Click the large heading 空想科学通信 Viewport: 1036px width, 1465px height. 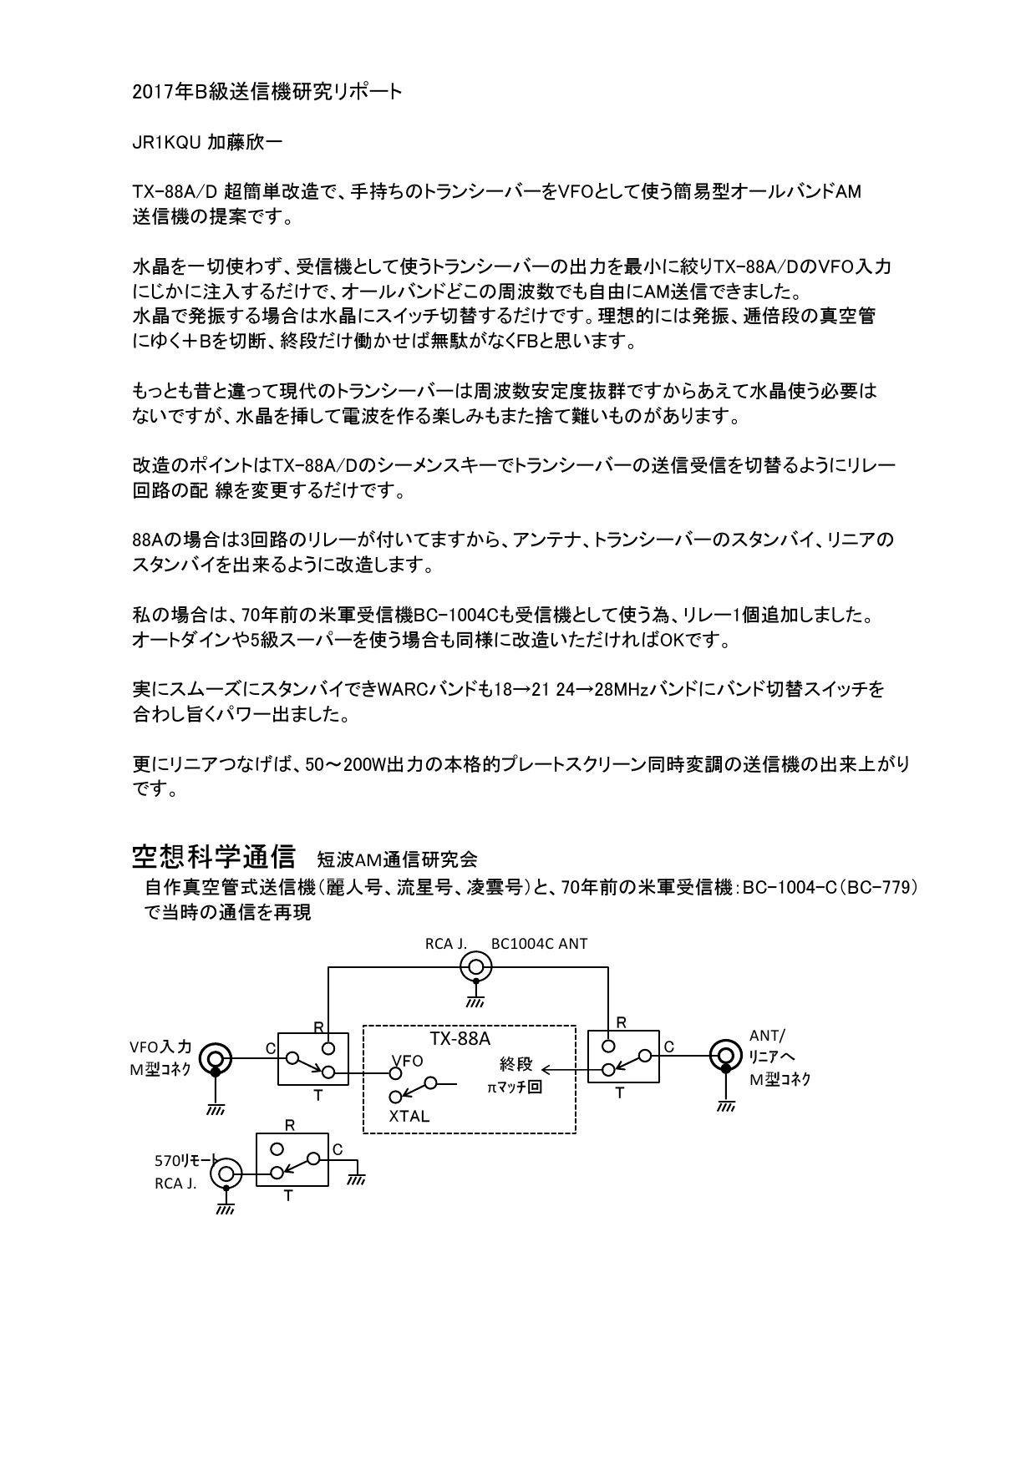click(x=214, y=857)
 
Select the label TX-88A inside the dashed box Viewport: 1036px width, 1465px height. click(x=460, y=1038)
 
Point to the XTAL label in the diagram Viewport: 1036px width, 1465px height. click(x=409, y=1116)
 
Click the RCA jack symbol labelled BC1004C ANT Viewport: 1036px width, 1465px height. click(x=476, y=968)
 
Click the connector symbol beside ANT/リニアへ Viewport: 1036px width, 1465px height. click(x=725, y=1056)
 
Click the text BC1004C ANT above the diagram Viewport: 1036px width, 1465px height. click(x=540, y=944)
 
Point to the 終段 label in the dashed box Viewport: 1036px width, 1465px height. click(x=515, y=1064)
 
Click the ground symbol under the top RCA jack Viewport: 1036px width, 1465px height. click(x=476, y=1000)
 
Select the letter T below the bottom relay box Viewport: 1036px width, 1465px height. click(x=288, y=1196)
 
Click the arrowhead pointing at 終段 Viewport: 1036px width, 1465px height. click(x=544, y=1067)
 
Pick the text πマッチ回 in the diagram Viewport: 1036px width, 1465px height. click(x=515, y=1087)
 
